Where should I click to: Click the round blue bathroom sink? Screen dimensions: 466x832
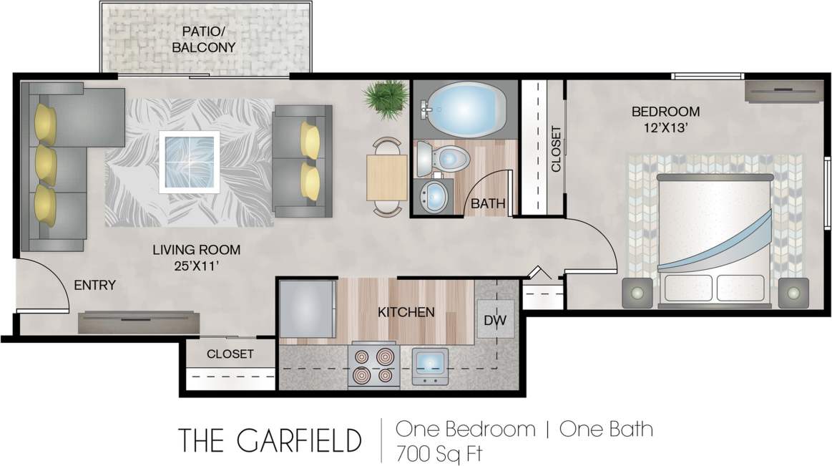[x=434, y=194]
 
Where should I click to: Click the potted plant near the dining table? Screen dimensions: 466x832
[x=387, y=98]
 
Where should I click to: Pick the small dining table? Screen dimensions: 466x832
[x=387, y=177]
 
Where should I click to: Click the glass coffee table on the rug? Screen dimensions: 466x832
[x=189, y=162]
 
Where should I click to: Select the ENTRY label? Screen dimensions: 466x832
[x=94, y=285]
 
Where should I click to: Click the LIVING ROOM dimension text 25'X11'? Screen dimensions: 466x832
[x=196, y=266]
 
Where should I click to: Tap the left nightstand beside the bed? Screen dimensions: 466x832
[x=637, y=292]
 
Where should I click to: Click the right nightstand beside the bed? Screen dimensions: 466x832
[x=793, y=292]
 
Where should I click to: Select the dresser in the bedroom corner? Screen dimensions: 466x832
[x=783, y=91]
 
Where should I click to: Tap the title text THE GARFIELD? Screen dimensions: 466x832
[x=270, y=440]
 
